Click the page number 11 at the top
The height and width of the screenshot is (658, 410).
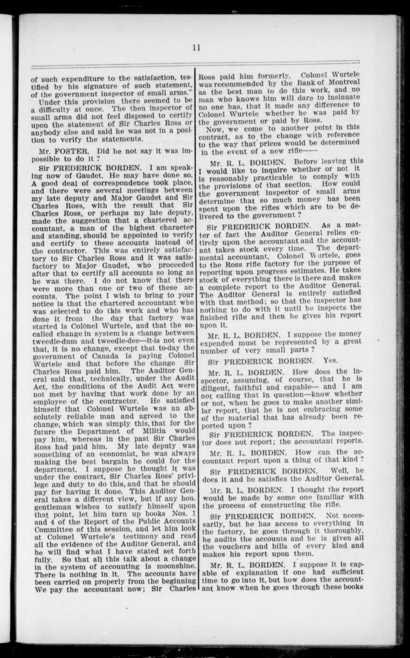[x=196, y=48]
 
